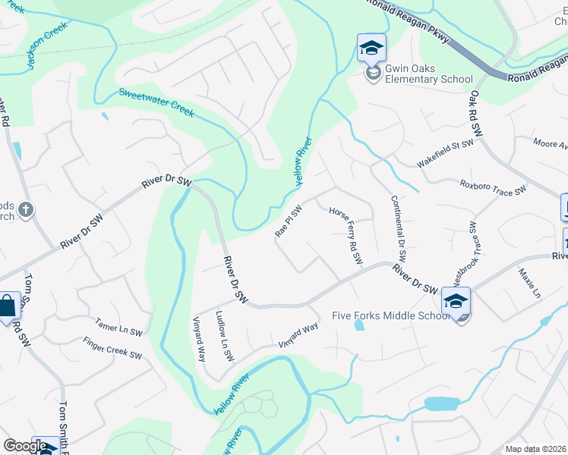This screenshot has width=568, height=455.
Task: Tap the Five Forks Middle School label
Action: click(x=392, y=316)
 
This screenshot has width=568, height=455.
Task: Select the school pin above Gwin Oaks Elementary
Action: click(x=371, y=49)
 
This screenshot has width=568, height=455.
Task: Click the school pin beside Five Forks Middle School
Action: click(x=456, y=302)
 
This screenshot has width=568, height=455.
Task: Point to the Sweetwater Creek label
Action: click(x=156, y=103)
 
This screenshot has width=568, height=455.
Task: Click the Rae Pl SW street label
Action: click(x=289, y=221)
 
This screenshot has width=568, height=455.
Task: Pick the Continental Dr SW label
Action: click(x=399, y=230)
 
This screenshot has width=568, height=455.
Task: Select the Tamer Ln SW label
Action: click(x=119, y=328)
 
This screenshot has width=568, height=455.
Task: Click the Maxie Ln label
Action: click(x=529, y=282)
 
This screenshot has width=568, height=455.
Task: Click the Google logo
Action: click(x=26, y=446)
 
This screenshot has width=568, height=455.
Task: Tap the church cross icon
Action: click(x=25, y=210)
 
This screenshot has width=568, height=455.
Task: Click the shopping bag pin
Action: click(x=8, y=307)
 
